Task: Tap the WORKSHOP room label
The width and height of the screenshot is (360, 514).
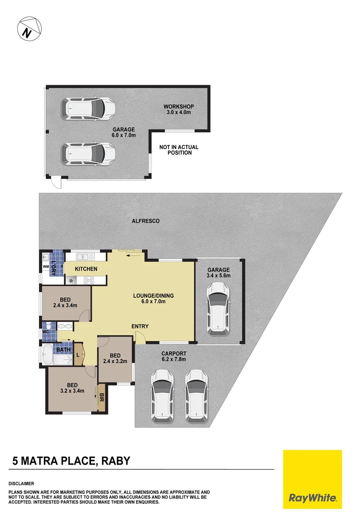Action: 178,106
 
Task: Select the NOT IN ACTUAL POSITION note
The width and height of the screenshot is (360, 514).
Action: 179,150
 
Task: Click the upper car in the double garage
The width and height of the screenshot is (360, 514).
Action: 88,109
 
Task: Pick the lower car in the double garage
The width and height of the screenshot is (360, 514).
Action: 88,154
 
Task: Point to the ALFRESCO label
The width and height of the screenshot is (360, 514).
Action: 146,221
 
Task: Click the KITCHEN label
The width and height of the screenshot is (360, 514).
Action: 86,269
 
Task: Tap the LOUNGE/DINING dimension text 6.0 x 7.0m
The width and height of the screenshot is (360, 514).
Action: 153,302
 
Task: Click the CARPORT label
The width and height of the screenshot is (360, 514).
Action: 173,354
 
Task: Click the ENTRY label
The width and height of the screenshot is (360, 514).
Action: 140,326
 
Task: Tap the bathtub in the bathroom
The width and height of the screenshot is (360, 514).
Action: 48,355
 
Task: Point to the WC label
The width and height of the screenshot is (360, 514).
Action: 46,331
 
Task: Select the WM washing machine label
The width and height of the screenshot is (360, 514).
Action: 46,267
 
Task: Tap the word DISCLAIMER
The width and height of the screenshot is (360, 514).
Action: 21,483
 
